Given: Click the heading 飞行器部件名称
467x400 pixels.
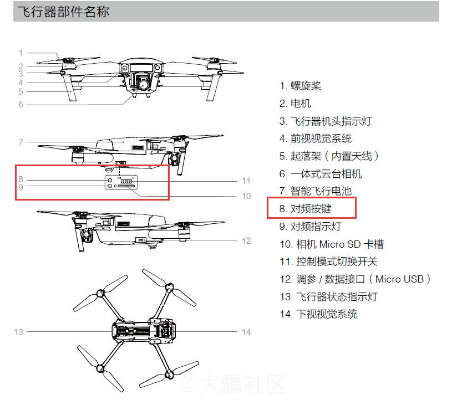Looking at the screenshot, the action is pyautogui.click(x=63, y=12).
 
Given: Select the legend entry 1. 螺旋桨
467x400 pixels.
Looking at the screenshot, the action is pyautogui.click(x=300, y=86).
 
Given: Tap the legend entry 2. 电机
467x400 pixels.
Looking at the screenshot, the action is pyautogui.click(x=295, y=104).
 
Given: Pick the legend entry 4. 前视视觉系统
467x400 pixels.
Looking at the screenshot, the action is pyautogui.click(x=316, y=139).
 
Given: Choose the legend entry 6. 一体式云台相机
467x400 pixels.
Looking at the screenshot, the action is pyautogui.click(x=321, y=173).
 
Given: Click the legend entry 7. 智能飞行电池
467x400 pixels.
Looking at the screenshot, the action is pyautogui.click(x=316, y=191).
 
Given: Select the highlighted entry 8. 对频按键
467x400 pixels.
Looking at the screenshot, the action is pyautogui.click(x=305, y=209).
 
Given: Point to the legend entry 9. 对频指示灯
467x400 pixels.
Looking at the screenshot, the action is pyautogui.click(x=311, y=227).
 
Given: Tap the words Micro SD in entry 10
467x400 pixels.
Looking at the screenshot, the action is pyautogui.click(x=340, y=244).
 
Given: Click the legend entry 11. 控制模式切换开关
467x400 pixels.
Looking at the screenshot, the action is pyautogui.click(x=329, y=261).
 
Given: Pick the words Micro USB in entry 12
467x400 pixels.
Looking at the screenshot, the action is pyautogui.click(x=399, y=279).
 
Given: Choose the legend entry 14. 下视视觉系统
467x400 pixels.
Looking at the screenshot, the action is pyautogui.click(x=319, y=314).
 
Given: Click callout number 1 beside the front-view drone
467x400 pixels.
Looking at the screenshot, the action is pyautogui.click(x=21, y=53).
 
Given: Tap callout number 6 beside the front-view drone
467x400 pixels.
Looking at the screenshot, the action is pyautogui.click(x=21, y=104).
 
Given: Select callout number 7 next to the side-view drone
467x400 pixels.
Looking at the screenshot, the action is pyautogui.click(x=21, y=142).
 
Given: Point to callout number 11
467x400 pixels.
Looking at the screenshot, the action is pyautogui.click(x=246, y=181).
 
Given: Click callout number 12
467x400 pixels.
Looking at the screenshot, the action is pyautogui.click(x=246, y=241).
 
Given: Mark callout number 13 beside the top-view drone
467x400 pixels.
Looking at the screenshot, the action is pyautogui.click(x=18, y=332).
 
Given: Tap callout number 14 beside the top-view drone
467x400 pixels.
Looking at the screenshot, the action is pyautogui.click(x=246, y=332).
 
